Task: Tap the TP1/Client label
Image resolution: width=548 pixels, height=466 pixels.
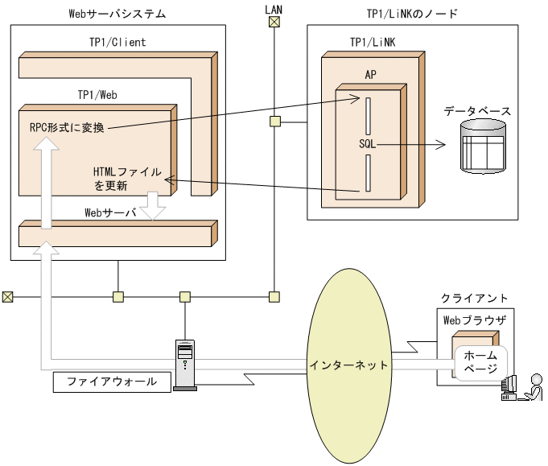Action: (117, 42)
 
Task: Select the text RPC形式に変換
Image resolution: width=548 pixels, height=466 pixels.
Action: (66, 126)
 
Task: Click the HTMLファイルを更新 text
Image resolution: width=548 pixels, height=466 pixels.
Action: (127, 179)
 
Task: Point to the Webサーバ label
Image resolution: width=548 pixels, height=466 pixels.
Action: (111, 213)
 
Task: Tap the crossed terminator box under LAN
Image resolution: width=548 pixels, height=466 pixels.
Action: (274, 23)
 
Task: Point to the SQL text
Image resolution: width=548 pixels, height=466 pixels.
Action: (368, 144)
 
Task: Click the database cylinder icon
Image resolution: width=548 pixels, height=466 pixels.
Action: (483, 146)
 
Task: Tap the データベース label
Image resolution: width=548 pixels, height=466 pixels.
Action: (478, 110)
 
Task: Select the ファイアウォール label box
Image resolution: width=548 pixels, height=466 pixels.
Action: (112, 381)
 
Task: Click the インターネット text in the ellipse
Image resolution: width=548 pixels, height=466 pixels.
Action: (348, 365)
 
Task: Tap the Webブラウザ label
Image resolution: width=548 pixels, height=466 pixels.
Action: (475, 320)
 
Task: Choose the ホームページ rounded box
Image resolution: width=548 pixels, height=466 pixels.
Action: (481, 361)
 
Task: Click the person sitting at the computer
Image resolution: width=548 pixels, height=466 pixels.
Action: (531, 387)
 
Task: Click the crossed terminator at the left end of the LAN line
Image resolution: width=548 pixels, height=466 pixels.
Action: (7, 296)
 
